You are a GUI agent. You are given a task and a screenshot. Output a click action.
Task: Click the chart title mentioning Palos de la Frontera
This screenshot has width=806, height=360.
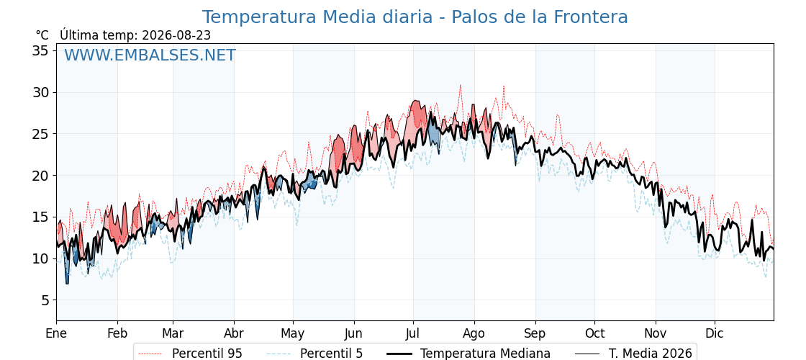pyautogui.click(x=415, y=17)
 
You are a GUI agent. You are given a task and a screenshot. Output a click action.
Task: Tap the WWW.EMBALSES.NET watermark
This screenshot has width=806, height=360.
pyautogui.click(x=150, y=55)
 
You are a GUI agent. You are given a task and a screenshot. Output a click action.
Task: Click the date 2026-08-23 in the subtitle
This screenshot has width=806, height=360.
pyautogui.click(x=176, y=35)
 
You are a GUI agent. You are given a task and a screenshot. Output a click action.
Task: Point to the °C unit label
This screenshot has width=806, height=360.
pyautogui.click(x=42, y=35)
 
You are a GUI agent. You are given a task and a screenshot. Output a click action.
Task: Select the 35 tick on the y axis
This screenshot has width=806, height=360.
pyautogui.click(x=41, y=51)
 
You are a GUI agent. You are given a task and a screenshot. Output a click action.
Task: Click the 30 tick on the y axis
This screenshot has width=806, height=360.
pyautogui.click(x=41, y=93)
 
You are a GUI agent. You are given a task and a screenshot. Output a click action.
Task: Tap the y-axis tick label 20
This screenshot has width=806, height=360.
pyautogui.click(x=41, y=176)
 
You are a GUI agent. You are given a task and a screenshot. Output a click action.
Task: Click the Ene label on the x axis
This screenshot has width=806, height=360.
pyautogui.click(x=56, y=333)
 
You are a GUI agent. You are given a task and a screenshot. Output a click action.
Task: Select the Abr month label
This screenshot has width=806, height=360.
pyautogui.click(x=234, y=333)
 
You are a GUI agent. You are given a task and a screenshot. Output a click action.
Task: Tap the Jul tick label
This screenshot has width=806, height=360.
pyautogui.click(x=413, y=333)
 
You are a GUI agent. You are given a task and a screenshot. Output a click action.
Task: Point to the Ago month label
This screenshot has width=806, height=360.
pyautogui.click(x=474, y=334)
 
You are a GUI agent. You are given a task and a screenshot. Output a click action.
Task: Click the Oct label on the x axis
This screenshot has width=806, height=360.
pyautogui.click(x=594, y=333)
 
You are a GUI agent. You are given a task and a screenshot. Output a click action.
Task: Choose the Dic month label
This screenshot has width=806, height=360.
pyautogui.click(x=715, y=333)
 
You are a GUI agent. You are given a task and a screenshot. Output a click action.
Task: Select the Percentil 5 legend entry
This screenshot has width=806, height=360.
pyautogui.click(x=315, y=354)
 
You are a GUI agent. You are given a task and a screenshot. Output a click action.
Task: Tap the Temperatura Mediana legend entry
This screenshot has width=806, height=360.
pyautogui.click(x=467, y=354)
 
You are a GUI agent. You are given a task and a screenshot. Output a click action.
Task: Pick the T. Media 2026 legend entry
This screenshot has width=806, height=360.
pyautogui.click(x=633, y=354)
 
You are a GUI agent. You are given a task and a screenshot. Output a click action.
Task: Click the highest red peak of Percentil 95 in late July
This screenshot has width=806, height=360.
pyautogui.click(x=460, y=86)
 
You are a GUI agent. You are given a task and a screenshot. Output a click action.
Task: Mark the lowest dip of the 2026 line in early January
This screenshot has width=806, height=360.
pyautogui.click(x=67, y=284)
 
